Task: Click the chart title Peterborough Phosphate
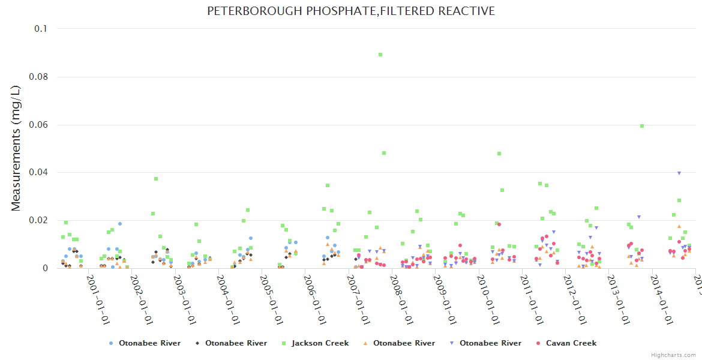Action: pyautogui.click(x=351, y=11)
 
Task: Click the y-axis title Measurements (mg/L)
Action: pyautogui.click(x=16, y=148)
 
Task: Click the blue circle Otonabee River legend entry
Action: pyautogui.click(x=145, y=343)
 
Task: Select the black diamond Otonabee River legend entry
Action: pyautogui.click(x=230, y=343)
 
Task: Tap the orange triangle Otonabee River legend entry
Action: pyautogui.click(x=398, y=343)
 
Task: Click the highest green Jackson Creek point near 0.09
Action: pyautogui.click(x=380, y=55)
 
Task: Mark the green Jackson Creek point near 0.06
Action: pyautogui.click(x=642, y=126)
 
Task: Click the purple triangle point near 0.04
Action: pyautogui.click(x=679, y=173)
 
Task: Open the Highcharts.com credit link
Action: pyautogui.click(x=673, y=355)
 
